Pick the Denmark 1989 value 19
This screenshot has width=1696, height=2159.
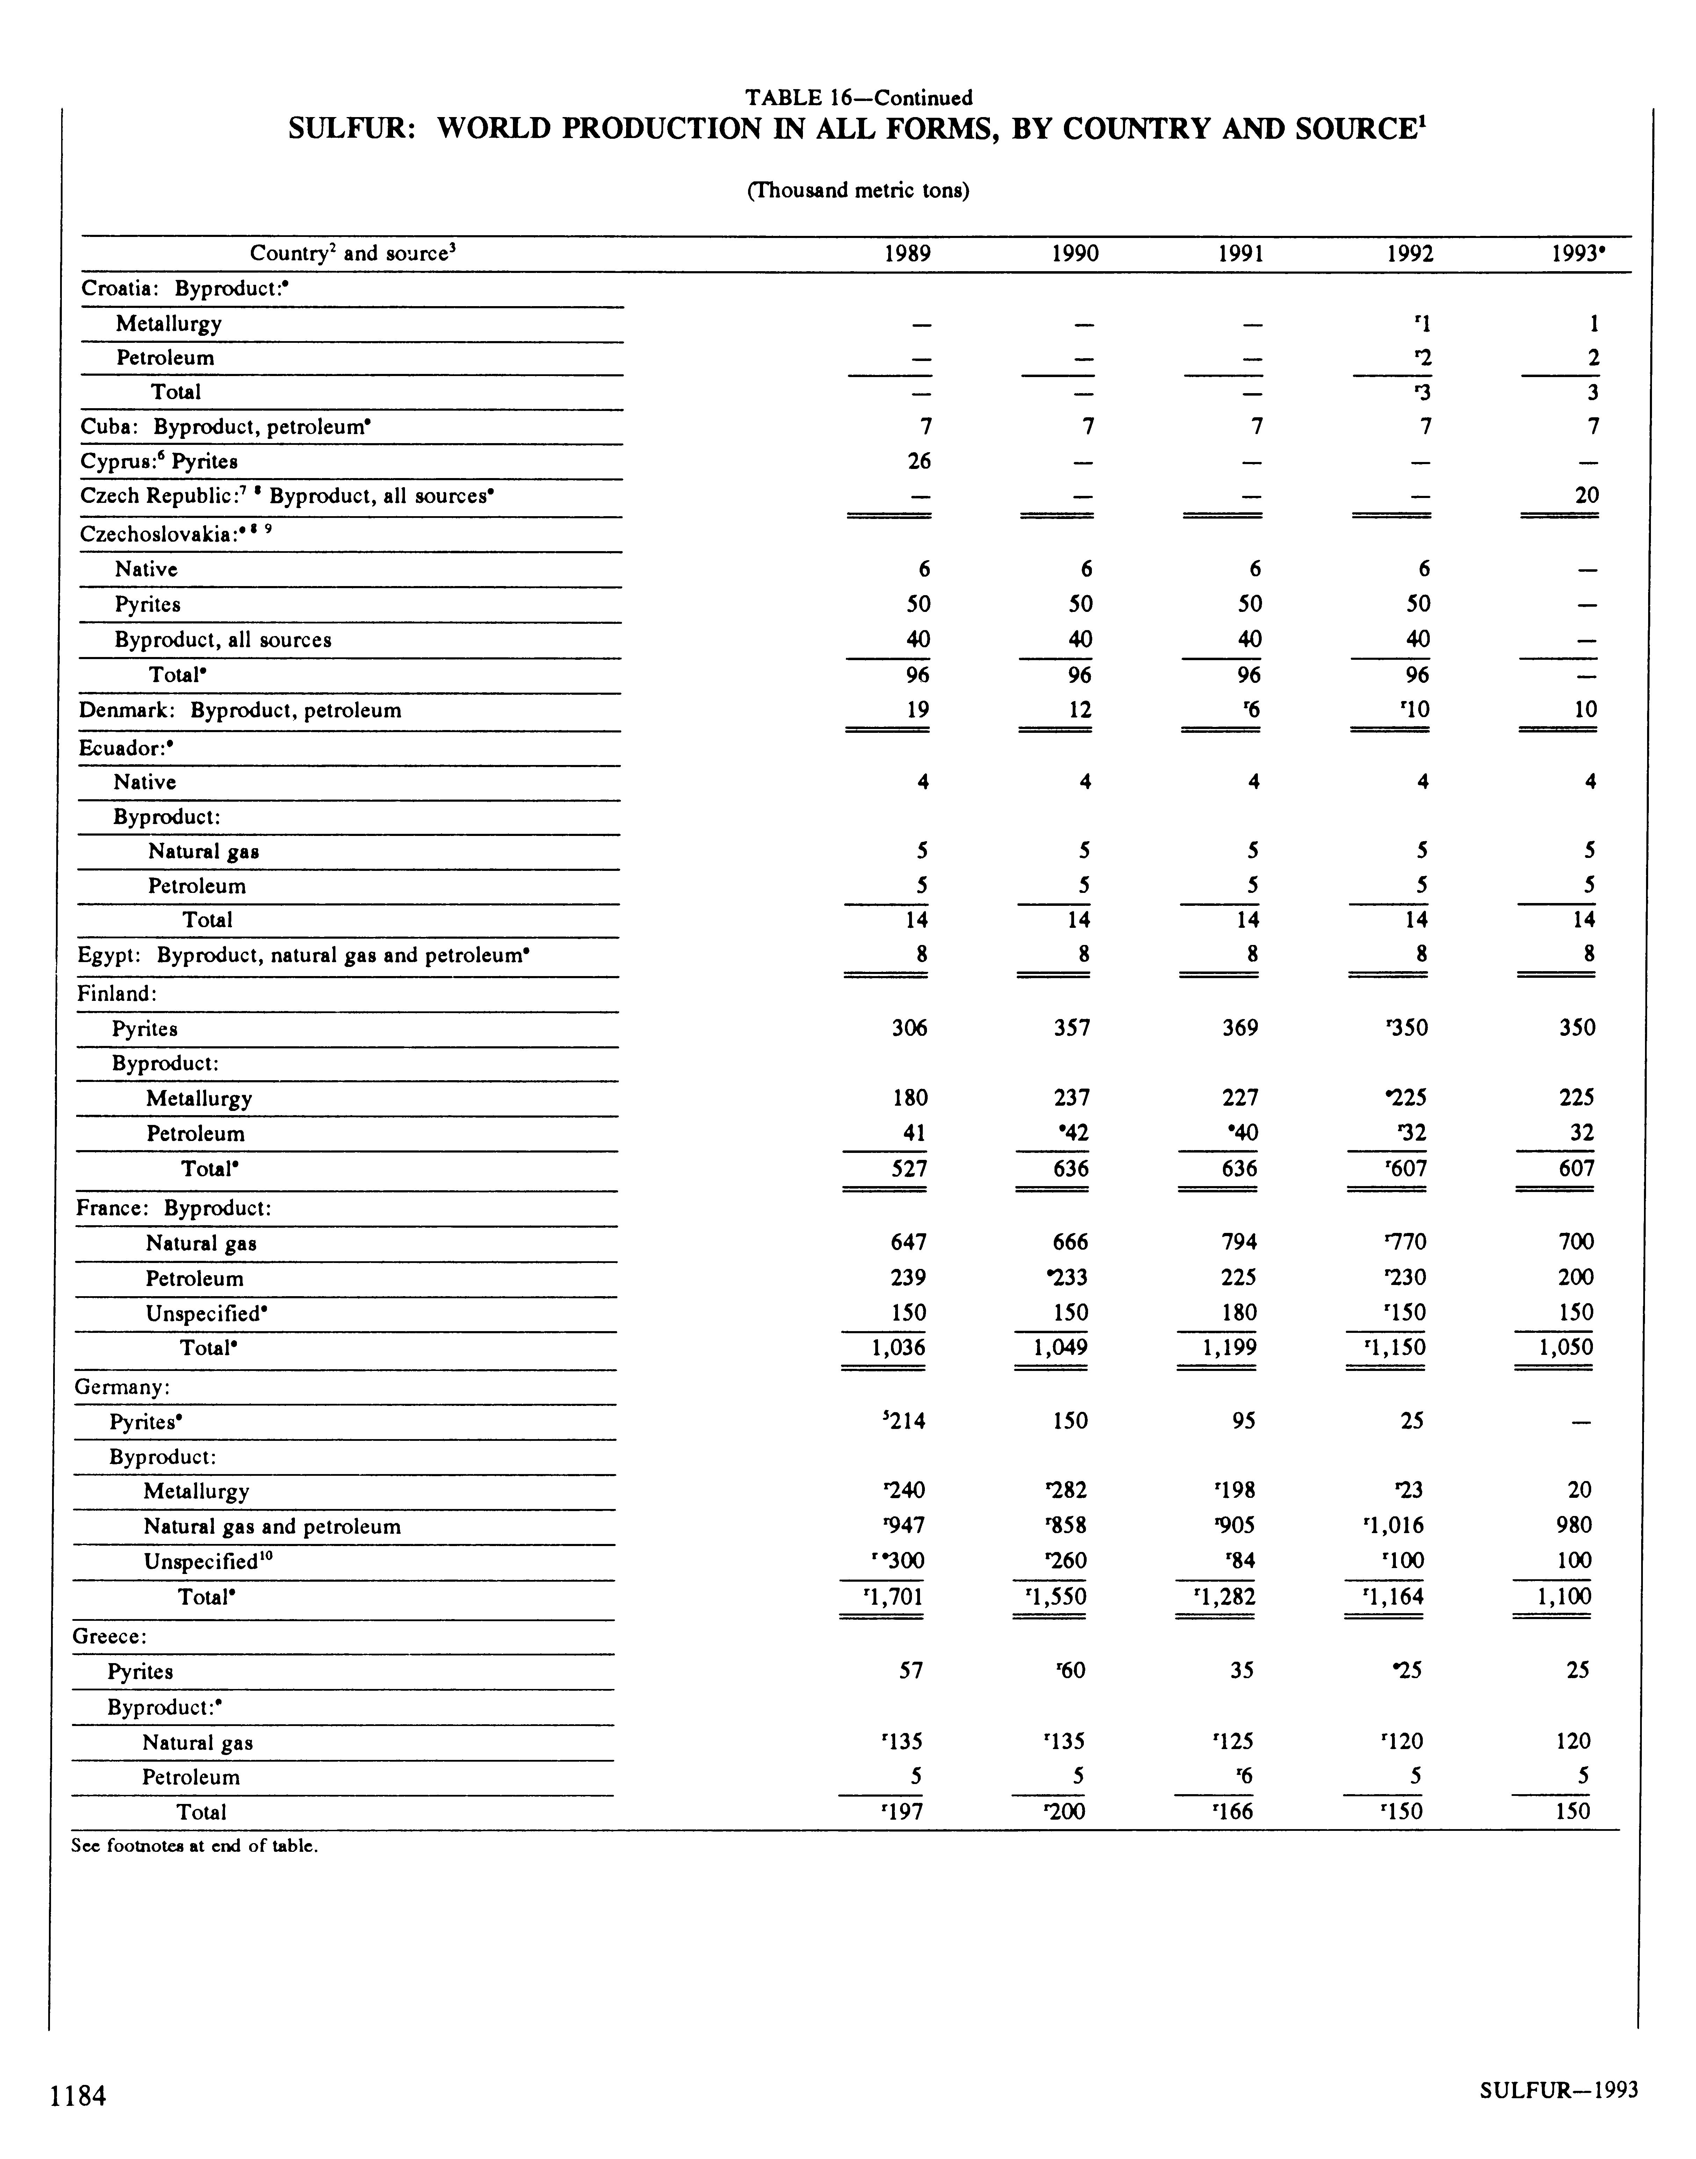918,710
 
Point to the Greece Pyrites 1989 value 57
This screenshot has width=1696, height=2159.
911,1671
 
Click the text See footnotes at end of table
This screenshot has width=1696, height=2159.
195,1847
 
